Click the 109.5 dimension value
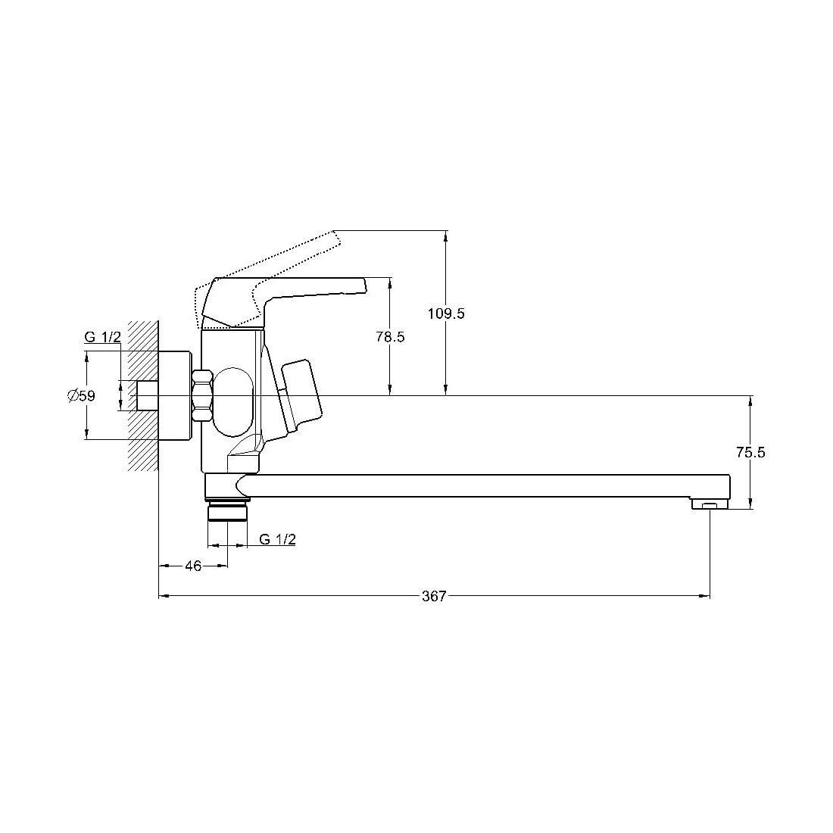point(446,314)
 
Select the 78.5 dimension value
point(391,337)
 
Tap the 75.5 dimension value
point(750,453)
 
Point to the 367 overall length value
point(434,596)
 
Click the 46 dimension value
point(193,566)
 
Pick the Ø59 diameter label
point(81,395)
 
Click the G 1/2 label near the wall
point(102,337)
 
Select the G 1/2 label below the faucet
point(277,539)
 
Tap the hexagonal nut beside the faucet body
point(202,396)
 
